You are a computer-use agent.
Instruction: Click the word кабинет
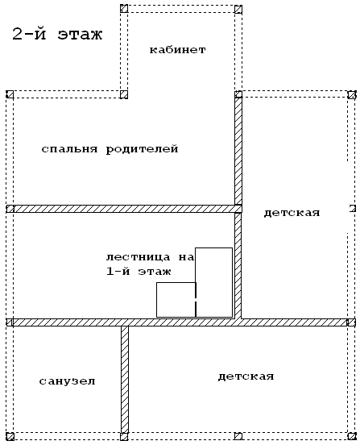point(178,50)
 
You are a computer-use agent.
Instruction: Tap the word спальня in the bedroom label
point(70,149)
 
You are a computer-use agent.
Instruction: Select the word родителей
point(142,150)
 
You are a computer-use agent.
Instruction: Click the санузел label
point(67,381)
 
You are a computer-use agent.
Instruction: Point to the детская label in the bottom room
point(246,376)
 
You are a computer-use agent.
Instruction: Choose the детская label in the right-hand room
point(292,213)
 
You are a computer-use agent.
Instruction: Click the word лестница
point(139,257)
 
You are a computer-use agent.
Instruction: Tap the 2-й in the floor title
point(29,35)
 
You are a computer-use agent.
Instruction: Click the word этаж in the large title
point(80,35)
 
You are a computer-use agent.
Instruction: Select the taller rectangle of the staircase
point(214,282)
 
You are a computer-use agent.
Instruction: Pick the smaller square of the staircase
point(176,300)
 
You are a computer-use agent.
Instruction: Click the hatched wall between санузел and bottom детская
point(125,380)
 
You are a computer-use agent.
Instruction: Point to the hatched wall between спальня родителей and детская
point(238,151)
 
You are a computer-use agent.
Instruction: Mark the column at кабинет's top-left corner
point(124,9)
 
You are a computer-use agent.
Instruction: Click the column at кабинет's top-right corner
point(238,9)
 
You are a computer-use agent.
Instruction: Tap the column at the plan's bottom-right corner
point(352,436)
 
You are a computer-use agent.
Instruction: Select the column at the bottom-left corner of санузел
point(10,436)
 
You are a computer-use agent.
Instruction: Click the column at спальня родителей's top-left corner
point(10,94)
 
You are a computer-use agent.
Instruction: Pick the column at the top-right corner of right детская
point(352,94)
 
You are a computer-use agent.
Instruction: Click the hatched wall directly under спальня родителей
point(124,209)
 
